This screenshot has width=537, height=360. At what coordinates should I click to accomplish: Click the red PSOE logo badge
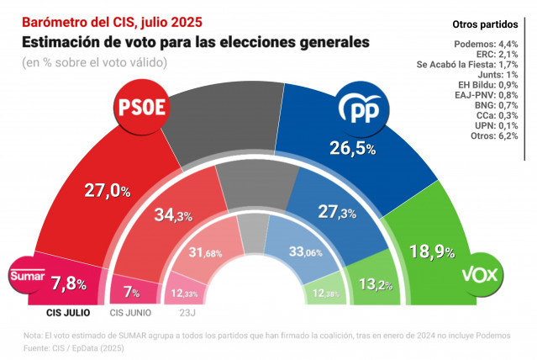pos(143,108)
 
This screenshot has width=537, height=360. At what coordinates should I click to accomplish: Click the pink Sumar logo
pos(24,275)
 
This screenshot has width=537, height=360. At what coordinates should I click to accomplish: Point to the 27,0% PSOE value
pos(108,191)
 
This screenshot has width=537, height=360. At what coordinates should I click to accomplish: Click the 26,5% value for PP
pos(351,148)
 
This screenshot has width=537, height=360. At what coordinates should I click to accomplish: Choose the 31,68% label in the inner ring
pos(206,252)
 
